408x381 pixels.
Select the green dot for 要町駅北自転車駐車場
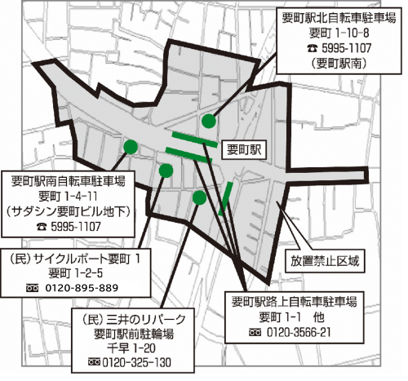[x=209, y=121]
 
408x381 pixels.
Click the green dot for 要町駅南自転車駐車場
[x=130, y=146]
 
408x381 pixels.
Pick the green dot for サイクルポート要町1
[x=166, y=171]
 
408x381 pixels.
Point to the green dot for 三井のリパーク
[x=199, y=197]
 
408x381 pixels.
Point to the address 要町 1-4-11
[x=69, y=197]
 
